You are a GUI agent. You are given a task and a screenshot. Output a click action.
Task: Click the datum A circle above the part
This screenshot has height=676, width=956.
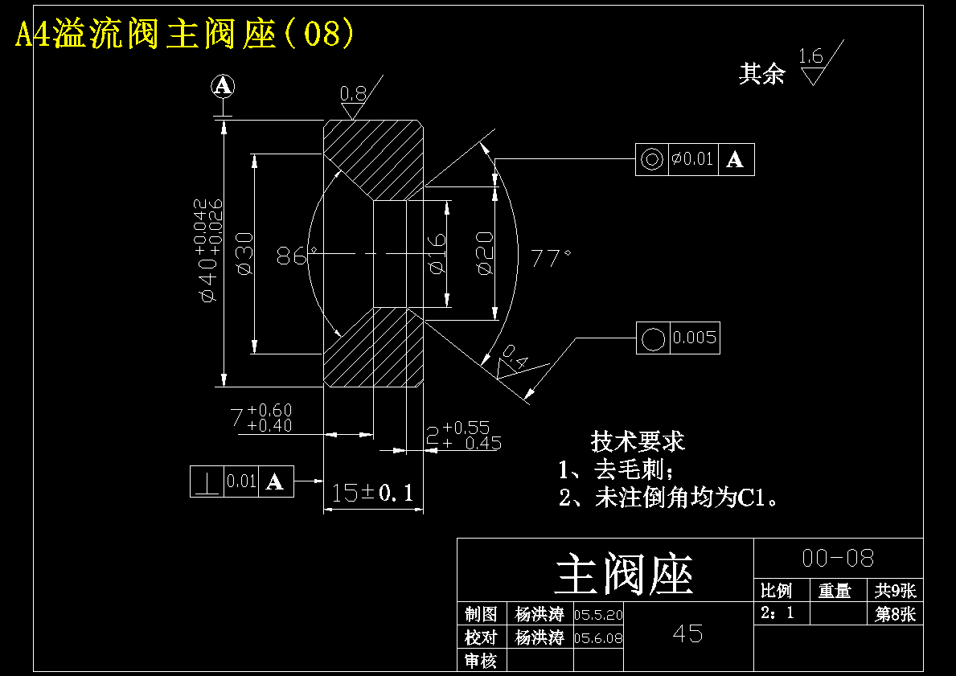pos(224,87)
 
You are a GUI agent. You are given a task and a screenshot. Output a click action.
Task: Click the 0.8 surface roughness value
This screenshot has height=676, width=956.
pos(353,94)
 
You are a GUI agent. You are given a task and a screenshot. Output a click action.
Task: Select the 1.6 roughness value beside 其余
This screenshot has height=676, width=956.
pos(811,57)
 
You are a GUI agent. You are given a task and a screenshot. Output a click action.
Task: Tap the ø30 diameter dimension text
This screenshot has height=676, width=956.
pos(244,253)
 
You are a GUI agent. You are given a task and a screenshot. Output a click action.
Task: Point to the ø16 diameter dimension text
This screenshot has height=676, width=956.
pos(437,253)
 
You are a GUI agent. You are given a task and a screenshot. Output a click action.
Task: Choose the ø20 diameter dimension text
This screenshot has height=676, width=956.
pos(485,253)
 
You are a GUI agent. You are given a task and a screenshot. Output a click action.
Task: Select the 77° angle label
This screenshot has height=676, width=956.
pos(551,259)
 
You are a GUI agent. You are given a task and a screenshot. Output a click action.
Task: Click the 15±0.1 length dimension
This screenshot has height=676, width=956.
pos(372,493)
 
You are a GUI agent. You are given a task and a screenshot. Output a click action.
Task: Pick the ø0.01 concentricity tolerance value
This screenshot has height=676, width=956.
pos(692,159)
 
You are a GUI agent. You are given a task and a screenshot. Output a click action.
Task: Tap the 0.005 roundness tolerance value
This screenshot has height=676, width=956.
pos(695,337)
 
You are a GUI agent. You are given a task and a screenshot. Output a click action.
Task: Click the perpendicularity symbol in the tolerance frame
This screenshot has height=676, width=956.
pos(207,481)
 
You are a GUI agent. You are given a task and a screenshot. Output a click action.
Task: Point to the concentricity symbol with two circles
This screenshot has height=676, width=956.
pos(652,160)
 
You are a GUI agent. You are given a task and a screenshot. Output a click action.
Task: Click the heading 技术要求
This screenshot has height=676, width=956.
pos(638,441)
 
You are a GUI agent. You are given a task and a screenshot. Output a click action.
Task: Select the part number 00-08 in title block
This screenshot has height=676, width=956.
pos(838,558)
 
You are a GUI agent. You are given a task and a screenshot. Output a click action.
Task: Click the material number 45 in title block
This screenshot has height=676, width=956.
pos(687,634)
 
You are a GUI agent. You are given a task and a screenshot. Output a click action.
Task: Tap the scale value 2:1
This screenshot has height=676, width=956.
pos(778,612)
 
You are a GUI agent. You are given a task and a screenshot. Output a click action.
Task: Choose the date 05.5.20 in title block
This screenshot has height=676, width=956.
pos(599,614)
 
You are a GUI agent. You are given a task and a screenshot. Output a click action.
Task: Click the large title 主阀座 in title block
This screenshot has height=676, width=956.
pos(624,575)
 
